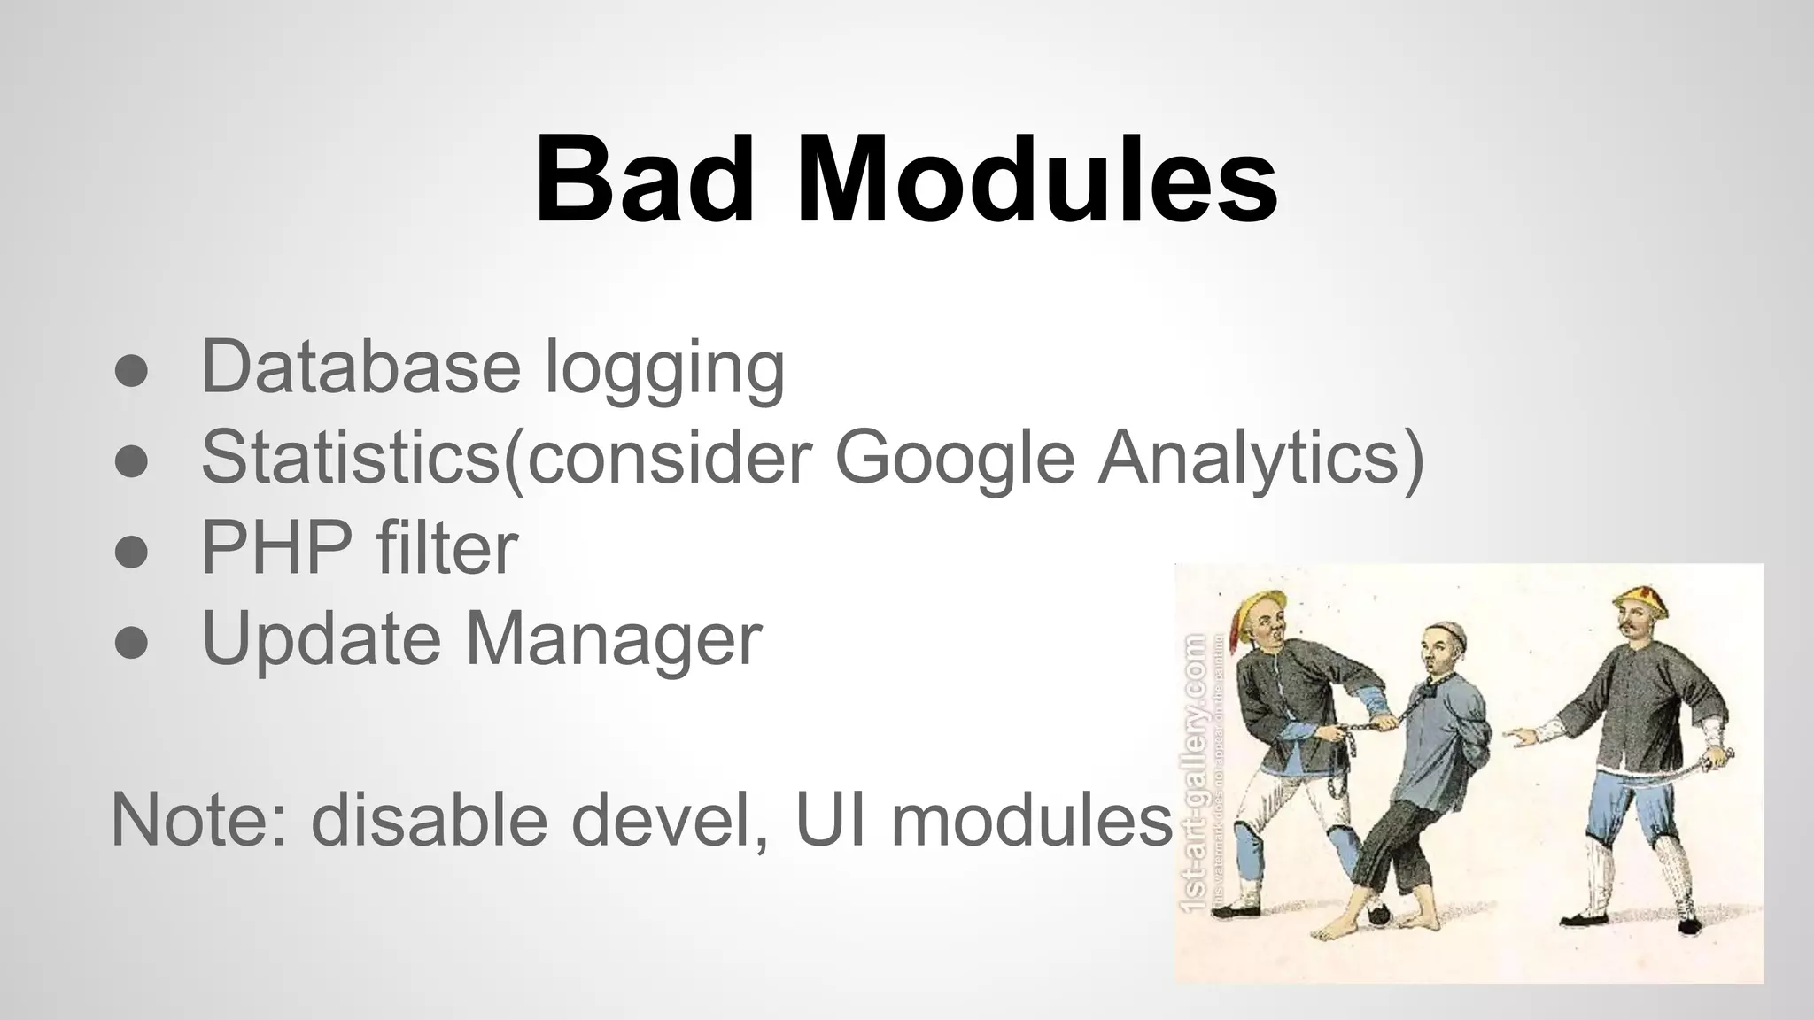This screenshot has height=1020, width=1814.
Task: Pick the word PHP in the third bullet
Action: click(x=274, y=548)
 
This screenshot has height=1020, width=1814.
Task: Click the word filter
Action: click(x=446, y=548)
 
